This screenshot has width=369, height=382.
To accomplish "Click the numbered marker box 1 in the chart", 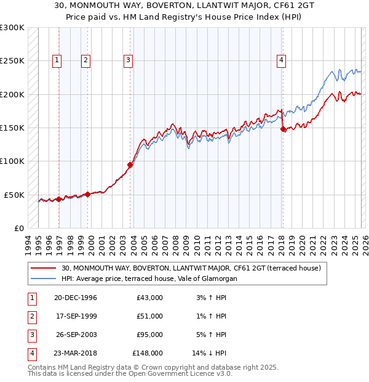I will [x=57, y=60].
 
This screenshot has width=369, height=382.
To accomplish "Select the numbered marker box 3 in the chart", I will [x=127, y=60].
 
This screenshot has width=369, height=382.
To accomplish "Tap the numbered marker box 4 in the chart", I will [x=280, y=60].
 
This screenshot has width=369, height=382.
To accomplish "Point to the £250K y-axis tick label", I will [x=12, y=61].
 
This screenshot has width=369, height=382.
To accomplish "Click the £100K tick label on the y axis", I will [x=12, y=161].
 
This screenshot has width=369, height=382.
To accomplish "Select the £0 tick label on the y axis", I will [x=18, y=228].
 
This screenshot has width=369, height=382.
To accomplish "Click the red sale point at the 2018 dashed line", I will [x=283, y=129].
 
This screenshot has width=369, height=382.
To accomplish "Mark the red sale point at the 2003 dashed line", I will [x=130, y=165].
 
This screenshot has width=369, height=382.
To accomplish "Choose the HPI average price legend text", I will [x=149, y=278].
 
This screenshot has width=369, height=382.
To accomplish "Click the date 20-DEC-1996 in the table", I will [x=76, y=298].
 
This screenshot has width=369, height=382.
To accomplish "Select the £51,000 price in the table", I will [x=149, y=316].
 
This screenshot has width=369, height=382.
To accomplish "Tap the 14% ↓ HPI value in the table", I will [x=210, y=353].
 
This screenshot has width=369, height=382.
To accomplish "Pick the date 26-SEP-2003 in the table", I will [x=76, y=335].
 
